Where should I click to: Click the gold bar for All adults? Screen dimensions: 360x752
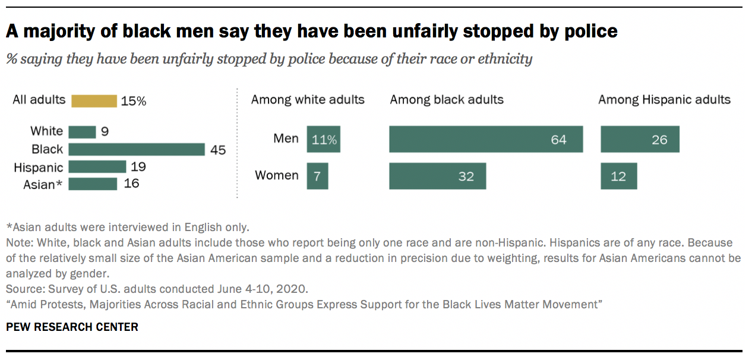click(x=94, y=101)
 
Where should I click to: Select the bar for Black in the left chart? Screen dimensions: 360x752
click(x=137, y=150)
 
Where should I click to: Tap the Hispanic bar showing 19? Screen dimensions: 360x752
click(x=97, y=167)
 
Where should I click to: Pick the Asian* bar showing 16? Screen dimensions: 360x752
click(x=93, y=184)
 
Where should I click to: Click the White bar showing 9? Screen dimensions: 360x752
click(x=82, y=132)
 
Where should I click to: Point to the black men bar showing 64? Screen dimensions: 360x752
click(x=486, y=140)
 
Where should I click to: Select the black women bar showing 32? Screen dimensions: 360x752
click(x=437, y=176)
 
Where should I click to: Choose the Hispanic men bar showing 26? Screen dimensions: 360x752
click(x=640, y=140)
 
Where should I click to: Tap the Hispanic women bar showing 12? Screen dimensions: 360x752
click(x=618, y=176)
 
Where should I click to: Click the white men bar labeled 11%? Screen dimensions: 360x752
click(x=323, y=140)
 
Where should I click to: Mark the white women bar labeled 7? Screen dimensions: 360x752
click(x=317, y=176)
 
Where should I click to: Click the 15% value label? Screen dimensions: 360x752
click(x=133, y=101)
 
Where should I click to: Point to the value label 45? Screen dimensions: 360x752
click(x=218, y=150)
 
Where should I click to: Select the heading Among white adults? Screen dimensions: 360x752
click(x=308, y=99)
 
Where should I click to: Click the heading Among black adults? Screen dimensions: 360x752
click(x=447, y=99)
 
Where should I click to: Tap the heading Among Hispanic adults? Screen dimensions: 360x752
click(x=664, y=99)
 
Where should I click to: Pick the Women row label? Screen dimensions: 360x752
click(x=277, y=175)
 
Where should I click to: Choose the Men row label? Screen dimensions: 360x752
click(x=286, y=138)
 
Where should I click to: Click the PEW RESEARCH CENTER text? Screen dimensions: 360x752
click(x=72, y=327)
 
